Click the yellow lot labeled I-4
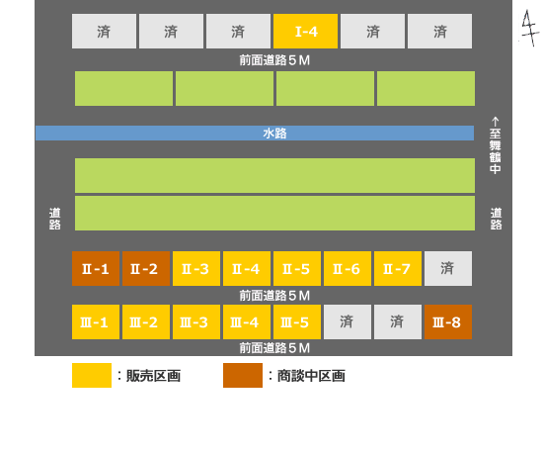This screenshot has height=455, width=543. click(305, 32)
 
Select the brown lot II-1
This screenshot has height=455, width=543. click(96, 269)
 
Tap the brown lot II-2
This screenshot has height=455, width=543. click(146, 269)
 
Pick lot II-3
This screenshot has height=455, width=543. click(196, 269)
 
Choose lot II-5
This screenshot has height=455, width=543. click(297, 269)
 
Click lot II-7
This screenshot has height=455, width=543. click(398, 269)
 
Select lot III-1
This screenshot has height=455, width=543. click(96, 322)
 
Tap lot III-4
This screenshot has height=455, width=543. click(247, 322)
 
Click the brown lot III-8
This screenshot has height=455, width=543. click(448, 322)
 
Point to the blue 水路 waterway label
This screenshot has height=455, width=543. click(275, 134)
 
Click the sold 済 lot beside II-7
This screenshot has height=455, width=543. click(448, 269)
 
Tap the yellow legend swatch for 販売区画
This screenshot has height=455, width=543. click(92, 376)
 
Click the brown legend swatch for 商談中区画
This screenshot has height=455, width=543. click(243, 376)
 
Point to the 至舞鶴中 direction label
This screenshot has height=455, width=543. click(496, 151)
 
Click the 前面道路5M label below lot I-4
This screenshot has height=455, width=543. click(274, 60)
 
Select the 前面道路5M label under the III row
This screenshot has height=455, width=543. click(274, 348)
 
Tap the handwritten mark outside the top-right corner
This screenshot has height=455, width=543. click(530, 28)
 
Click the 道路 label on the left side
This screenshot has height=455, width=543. click(54, 219)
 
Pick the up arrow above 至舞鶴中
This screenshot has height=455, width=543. click(496, 122)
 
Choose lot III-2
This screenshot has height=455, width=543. click(146, 322)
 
